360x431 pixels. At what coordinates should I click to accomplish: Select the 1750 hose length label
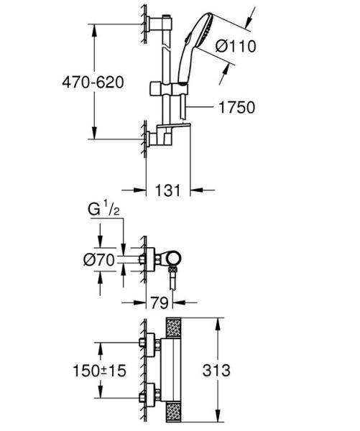236,107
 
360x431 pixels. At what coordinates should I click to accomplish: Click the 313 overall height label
236,371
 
